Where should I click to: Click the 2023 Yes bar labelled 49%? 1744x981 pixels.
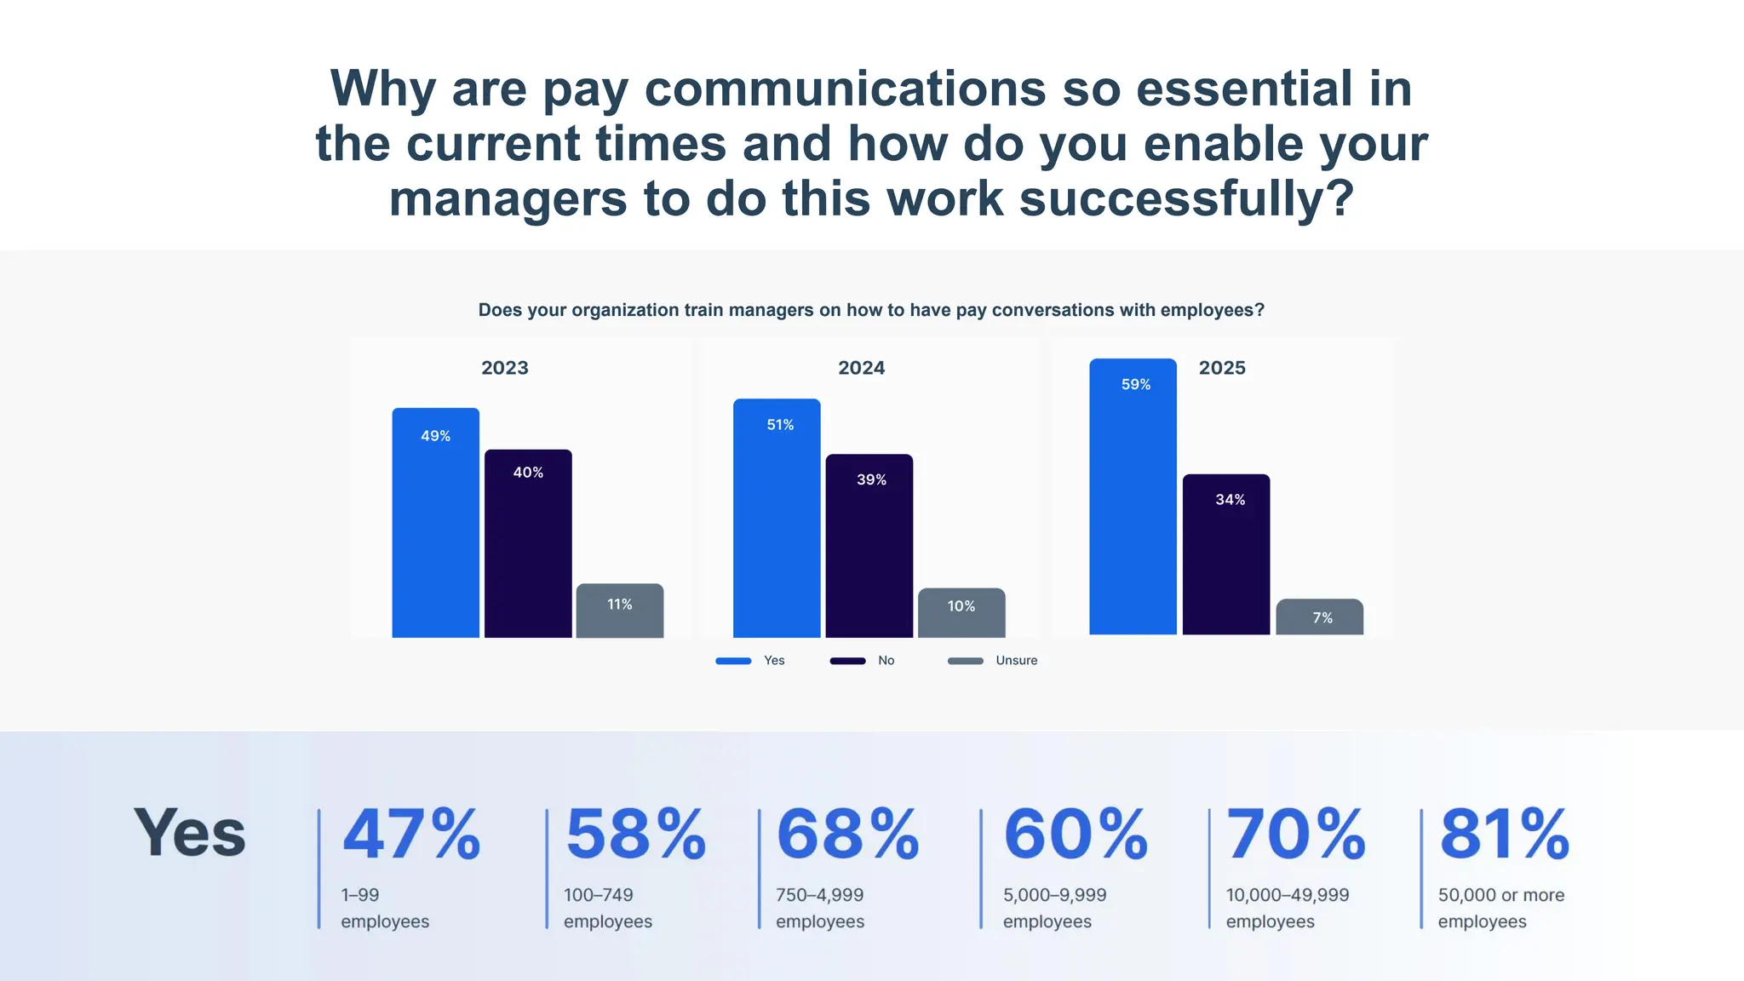click(x=435, y=523)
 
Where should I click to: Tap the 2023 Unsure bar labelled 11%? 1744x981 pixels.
click(x=620, y=611)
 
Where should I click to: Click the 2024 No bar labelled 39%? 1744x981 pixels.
click(x=869, y=546)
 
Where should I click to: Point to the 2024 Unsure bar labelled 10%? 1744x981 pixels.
click(x=961, y=612)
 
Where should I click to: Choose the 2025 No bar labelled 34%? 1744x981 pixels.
click(x=1225, y=554)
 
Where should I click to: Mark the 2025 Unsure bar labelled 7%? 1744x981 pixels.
click(x=1319, y=617)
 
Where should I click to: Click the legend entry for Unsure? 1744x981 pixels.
click(x=993, y=661)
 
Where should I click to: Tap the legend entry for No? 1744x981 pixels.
click(x=862, y=661)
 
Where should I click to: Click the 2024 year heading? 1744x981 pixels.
click(x=861, y=368)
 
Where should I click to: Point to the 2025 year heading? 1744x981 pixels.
click(x=1222, y=368)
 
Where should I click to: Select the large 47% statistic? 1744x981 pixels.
click(x=411, y=835)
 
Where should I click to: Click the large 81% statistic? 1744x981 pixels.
click(x=1504, y=835)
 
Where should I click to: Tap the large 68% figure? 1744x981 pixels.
click(x=847, y=835)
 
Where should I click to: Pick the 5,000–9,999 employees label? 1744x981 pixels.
click(x=1054, y=908)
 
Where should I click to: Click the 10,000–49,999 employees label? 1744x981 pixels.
click(x=1287, y=908)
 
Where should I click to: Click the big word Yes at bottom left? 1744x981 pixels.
click(x=190, y=833)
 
